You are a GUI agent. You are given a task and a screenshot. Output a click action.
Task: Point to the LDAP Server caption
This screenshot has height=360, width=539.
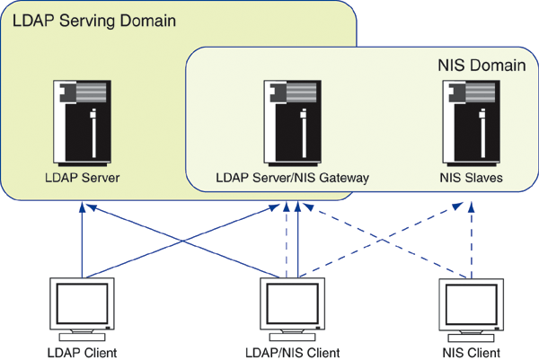[82, 178]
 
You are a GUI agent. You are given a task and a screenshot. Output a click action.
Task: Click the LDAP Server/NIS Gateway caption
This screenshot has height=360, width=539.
[292, 178]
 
